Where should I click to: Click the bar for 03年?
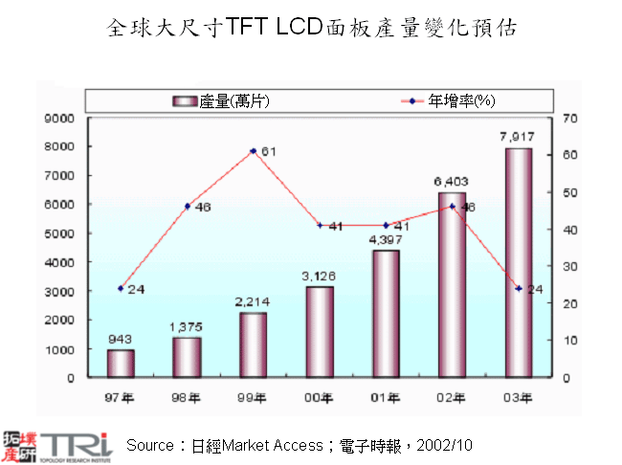(518, 263)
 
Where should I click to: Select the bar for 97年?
(121, 364)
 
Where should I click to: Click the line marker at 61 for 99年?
(253, 151)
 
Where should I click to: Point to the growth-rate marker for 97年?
(121, 288)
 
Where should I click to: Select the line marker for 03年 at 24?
(518, 288)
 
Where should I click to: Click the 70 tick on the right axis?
(571, 118)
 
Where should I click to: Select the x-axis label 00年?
(319, 397)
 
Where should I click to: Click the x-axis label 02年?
(452, 397)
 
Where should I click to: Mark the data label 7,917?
(517, 137)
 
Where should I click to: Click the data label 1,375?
(187, 326)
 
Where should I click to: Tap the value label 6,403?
(451, 181)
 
